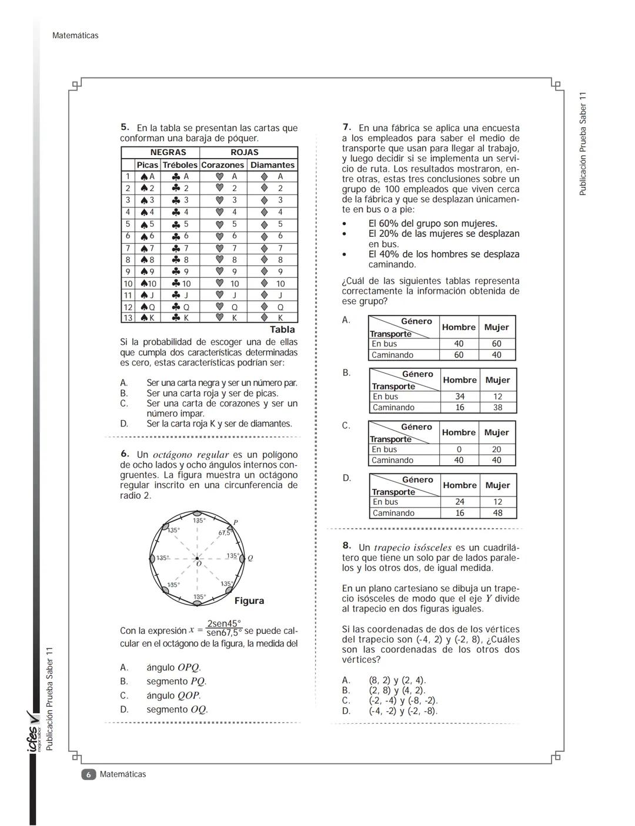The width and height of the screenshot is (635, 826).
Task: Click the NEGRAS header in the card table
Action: point(168,153)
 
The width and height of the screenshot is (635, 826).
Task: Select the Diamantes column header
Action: point(272,165)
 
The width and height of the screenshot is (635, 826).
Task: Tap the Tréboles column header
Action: point(180,165)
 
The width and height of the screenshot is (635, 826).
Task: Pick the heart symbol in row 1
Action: point(219,176)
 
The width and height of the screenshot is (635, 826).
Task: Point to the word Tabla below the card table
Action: point(282,330)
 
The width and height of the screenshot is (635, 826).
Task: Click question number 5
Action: point(125,127)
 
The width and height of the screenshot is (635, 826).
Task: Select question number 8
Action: point(347,546)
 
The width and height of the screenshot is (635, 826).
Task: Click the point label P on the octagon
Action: point(235,522)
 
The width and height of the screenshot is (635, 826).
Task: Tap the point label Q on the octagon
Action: point(250,558)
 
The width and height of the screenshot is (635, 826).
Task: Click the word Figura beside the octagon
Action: point(249,601)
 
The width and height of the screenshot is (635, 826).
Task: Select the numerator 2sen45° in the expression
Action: point(224,624)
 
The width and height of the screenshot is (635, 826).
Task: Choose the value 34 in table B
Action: point(459,397)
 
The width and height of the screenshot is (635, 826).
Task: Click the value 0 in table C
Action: point(459,449)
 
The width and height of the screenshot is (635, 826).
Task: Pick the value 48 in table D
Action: point(497,513)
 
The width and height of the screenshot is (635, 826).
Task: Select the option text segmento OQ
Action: point(177,709)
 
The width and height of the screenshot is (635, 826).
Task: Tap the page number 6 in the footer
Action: point(88,774)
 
